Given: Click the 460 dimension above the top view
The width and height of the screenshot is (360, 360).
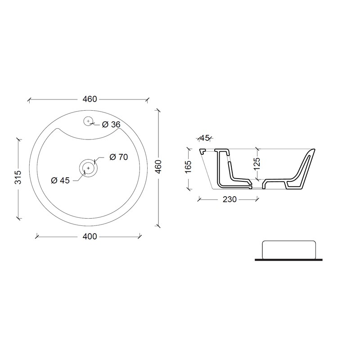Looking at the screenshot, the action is [90, 99].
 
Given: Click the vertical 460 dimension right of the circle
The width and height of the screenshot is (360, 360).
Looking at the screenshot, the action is [158, 166].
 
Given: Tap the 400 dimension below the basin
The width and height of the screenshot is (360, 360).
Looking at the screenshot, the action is [90, 236].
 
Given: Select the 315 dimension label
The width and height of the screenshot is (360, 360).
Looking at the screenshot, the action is [18, 177].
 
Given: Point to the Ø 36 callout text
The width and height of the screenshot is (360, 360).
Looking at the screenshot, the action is [111, 125].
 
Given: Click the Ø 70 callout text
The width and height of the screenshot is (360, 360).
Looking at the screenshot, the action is [119, 157].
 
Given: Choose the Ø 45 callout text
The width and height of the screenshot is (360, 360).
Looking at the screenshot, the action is [60, 180].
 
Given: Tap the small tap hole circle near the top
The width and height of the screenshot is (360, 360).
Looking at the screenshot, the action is [88, 121].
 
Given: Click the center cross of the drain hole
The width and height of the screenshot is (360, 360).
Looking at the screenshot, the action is [88, 168].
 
